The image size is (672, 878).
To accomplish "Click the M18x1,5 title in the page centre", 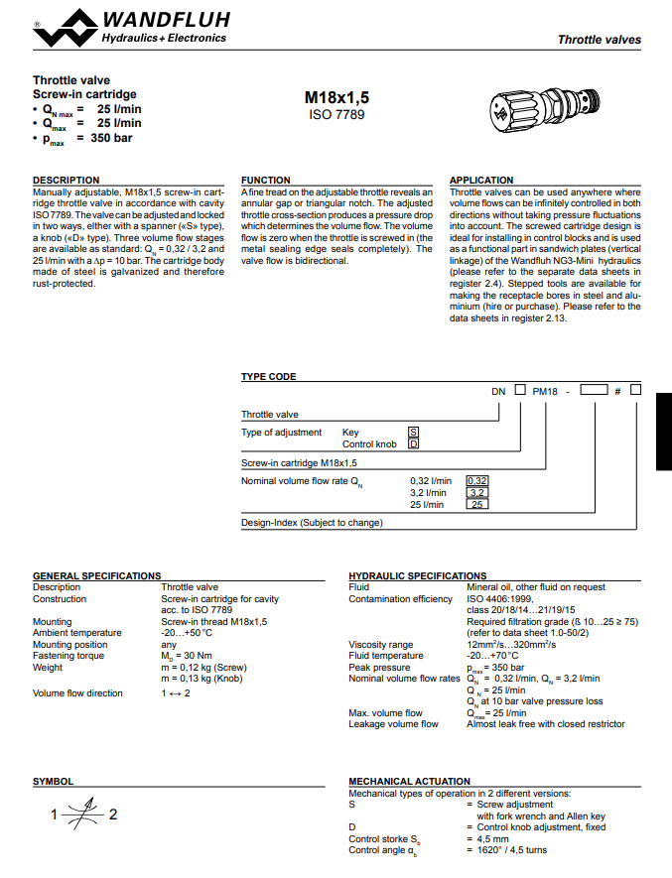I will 336,97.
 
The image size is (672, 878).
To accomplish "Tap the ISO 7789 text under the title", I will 336,115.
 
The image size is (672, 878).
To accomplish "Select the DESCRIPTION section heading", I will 67,181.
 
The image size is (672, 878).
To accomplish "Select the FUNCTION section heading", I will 266,181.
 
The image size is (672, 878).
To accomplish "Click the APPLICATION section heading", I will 481,181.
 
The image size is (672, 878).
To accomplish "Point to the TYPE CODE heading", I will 269,377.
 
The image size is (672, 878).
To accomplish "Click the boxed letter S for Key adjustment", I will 414,433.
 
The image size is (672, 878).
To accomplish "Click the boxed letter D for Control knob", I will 414,444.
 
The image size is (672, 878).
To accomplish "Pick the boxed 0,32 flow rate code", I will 476,481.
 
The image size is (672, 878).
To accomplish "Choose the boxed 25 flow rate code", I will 476,505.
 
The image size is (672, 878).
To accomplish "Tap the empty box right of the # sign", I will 635,390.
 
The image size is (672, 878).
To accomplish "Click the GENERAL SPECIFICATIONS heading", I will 96,575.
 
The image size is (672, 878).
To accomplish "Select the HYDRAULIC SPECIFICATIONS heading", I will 418,575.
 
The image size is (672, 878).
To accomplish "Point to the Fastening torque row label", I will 68,656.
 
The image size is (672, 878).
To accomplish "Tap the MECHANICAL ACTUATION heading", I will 410,782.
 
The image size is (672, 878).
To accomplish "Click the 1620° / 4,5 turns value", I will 512,850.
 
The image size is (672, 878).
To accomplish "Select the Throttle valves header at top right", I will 599,40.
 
